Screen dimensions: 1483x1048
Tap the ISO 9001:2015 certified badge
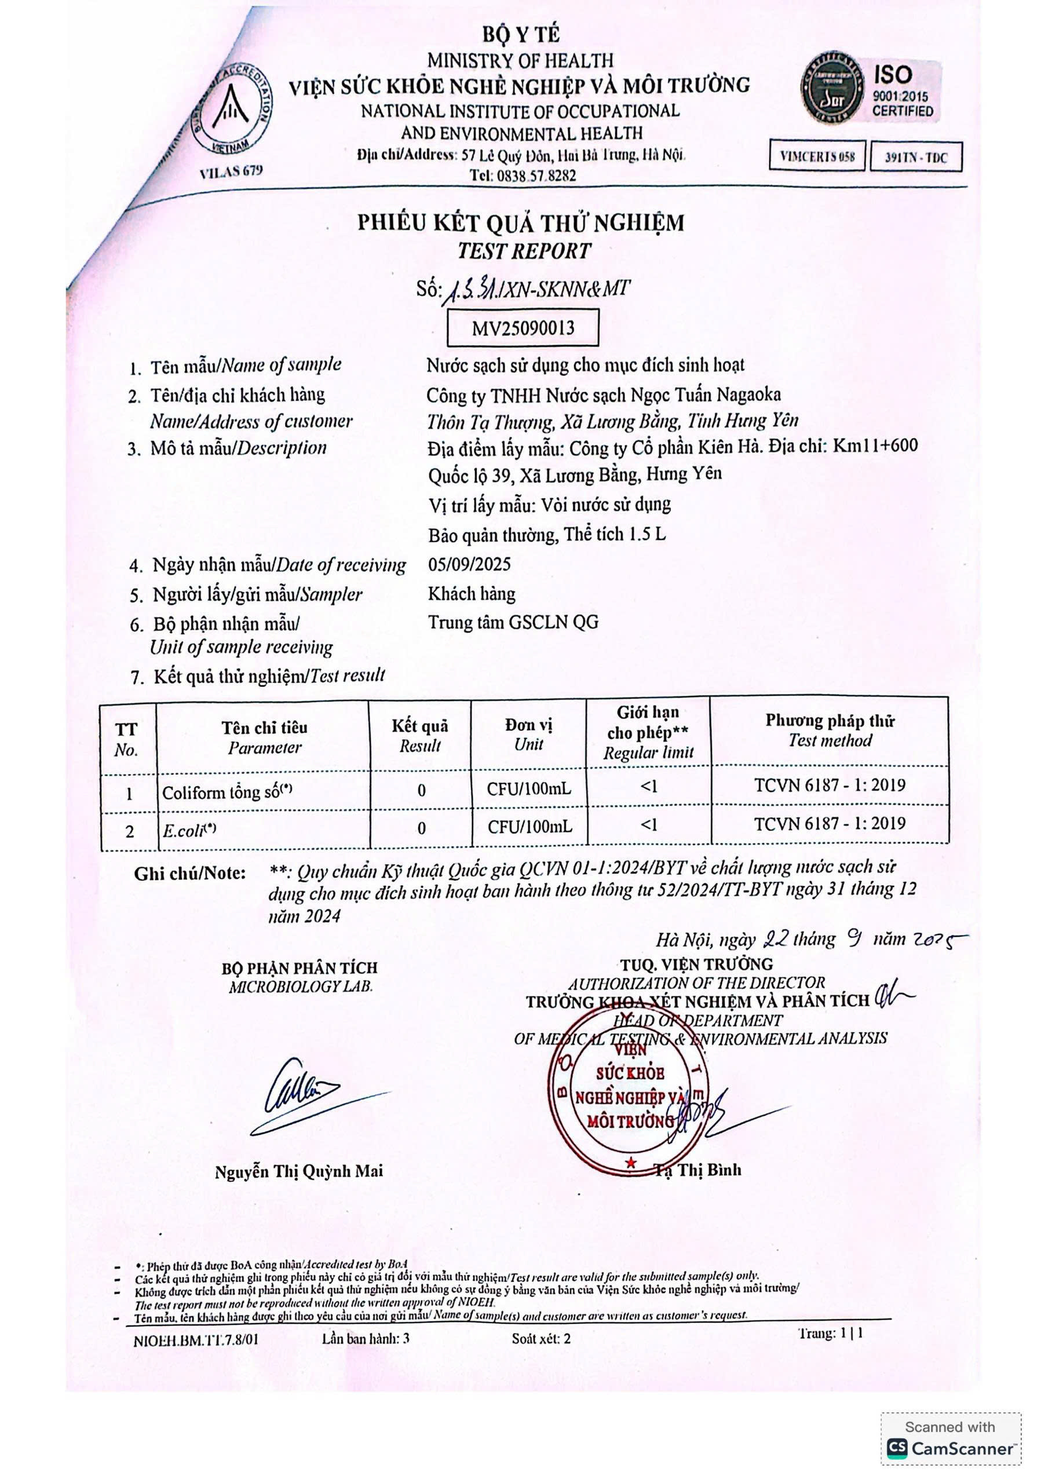tap(870, 89)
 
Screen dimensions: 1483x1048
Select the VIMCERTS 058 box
tap(817, 156)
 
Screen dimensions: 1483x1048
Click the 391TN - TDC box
tap(915, 158)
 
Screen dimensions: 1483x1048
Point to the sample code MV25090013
tap(523, 328)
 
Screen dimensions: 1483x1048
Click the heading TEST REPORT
tap(524, 251)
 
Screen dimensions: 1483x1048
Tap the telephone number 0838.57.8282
tap(523, 176)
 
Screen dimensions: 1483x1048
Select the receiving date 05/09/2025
tap(469, 564)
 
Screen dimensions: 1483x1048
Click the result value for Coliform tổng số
tap(421, 790)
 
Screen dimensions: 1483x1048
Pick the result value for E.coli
tap(421, 828)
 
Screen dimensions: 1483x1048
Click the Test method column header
tap(830, 730)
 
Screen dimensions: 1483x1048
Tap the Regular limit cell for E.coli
tap(648, 825)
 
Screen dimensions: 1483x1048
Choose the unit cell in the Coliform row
tap(528, 788)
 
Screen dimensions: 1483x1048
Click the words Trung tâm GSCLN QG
tap(513, 622)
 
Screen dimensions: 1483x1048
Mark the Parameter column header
tap(264, 737)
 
